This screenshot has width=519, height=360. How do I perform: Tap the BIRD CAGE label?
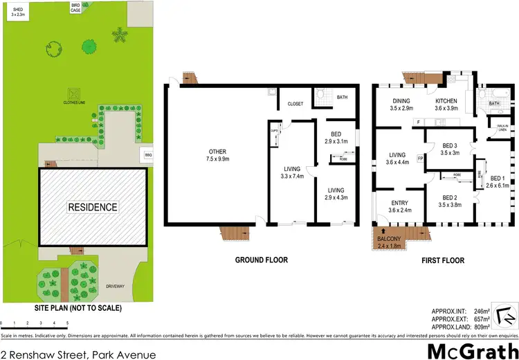75,7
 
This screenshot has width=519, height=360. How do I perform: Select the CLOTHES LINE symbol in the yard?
72,93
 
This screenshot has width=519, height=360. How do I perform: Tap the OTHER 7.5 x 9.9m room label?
218,156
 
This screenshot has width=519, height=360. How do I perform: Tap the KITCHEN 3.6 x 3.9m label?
446,105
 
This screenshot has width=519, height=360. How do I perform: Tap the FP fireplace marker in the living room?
420,157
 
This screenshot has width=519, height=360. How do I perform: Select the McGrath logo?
473,350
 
